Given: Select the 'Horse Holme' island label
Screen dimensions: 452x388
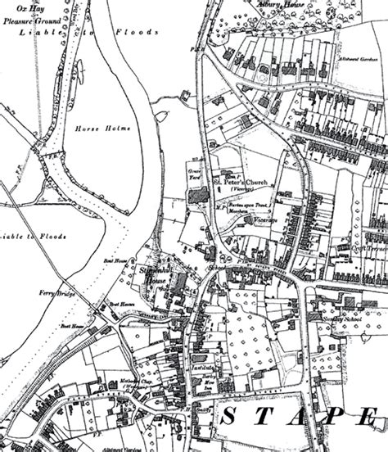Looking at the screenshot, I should (x=94, y=129).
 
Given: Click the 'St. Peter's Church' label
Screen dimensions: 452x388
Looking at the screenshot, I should (x=246, y=181).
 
